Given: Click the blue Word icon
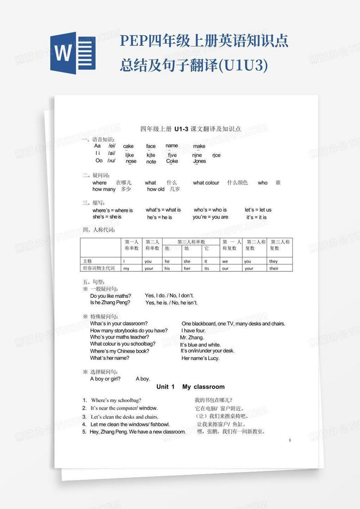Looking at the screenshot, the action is pyautogui.click(x=73, y=53).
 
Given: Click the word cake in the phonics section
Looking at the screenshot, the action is pyautogui.click(x=128, y=146).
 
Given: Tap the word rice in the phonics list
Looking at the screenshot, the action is pyautogui.click(x=216, y=155).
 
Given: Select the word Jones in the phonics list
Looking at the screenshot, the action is pyautogui.click(x=199, y=161).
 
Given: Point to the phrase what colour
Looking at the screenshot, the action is pyautogui.click(x=206, y=183).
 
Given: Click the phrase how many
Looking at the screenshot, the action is pyautogui.click(x=104, y=189).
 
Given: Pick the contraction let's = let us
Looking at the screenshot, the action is pyautogui.click(x=258, y=210).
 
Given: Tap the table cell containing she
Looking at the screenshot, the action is pyautogui.click(x=187, y=261).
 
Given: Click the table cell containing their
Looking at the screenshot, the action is pyautogui.click(x=274, y=268).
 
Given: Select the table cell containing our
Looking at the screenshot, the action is pyautogui.click(x=225, y=268).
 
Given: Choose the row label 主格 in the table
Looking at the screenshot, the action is pyautogui.click(x=87, y=261).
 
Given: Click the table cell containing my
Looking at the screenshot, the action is pyautogui.click(x=126, y=268).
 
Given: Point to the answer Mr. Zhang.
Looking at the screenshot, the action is pyautogui.click(x=192, y=338).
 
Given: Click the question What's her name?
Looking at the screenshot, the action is pyautogui.click(x=110, y=358).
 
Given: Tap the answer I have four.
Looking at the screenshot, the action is pyautogui.click(x=193, y=331).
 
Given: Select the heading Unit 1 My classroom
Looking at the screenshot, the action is pyautogui.click(x=190, y=387).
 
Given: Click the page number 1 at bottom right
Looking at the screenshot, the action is pyautogui.click(x=289, y=441).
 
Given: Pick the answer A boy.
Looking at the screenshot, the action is pyautogui.click(x=143, y=379).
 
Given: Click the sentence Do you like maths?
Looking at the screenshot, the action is pyautogui.click(x=111, y=296).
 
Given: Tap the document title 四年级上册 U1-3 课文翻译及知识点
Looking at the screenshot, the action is pyautogui.click(x=190, y=129).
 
